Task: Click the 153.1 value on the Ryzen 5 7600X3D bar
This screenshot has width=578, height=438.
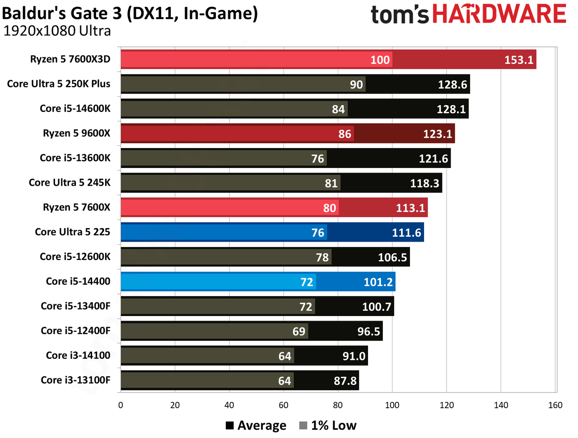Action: pos(518,60)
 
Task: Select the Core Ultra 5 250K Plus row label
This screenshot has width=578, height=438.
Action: pos(58,84)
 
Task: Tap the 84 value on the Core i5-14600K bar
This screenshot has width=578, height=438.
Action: pos(338,109)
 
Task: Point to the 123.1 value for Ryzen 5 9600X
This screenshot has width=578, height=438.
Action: pos(437,134)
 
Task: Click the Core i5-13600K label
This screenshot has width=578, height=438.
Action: pos(75,158)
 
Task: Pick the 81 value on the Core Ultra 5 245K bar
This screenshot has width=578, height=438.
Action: pos(331,183)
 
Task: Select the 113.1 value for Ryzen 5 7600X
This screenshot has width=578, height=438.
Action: pos(410,208)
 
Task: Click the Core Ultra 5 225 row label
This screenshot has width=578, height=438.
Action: pos(72,232)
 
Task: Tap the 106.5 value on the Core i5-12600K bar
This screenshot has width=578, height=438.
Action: pos(392,257)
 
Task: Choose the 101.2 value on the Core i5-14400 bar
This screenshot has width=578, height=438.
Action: pos(378,282)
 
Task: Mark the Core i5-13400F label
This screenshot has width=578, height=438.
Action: pos(75,306)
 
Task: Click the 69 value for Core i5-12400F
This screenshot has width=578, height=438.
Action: pos(298,331)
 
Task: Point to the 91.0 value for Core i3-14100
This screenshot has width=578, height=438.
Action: pos(354,356)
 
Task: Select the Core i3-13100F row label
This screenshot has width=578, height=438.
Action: pos(75,380)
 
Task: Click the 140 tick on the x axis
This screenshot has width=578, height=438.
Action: pos(501,405)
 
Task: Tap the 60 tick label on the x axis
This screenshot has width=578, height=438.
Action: pos(283,405)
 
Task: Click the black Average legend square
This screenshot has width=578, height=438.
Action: pos(229,426)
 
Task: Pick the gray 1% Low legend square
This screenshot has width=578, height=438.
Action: pos(303,426)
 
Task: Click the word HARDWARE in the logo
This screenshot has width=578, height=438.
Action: pos(499,14)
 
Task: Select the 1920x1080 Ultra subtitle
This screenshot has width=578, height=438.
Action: pos(57,31)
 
